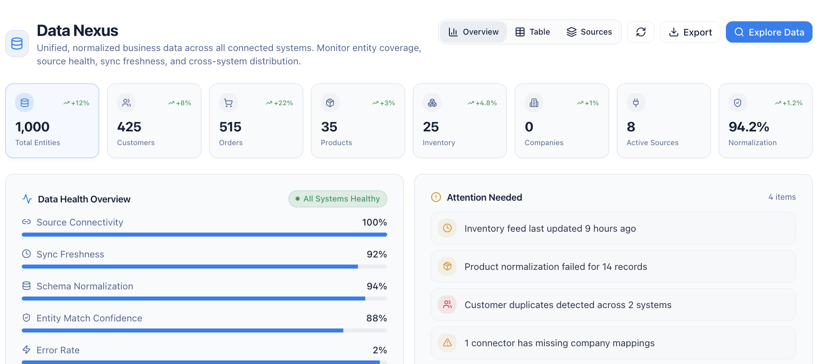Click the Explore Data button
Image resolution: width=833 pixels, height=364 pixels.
tap(769, 32)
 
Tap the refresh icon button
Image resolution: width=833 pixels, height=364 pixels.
tap(641, 32)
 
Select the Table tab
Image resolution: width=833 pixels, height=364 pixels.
tap(533, 32)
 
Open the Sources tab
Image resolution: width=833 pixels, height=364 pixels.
tap(589, 32)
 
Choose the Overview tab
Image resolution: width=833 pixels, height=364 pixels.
tap(473, 32)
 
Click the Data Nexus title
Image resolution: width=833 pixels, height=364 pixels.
tap(77, 31)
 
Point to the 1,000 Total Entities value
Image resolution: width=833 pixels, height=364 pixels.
tap(32, 127)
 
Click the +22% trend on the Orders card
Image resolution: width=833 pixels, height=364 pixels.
tap(280, 103)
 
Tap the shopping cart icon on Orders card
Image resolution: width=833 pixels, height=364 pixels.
tap(228, 103)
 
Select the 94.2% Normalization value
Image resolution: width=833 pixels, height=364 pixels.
tap(749, 127)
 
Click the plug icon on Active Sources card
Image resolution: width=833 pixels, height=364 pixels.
tap(636, 103)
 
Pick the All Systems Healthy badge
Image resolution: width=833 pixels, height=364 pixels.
tap(337, 199)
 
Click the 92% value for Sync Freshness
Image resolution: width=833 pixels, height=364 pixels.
tap(376, 254)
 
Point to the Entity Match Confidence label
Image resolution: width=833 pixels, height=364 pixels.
tap(89, 318)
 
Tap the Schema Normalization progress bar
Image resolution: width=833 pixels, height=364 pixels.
tap(204, 299)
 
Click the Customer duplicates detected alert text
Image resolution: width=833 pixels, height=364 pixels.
tap(568, 305)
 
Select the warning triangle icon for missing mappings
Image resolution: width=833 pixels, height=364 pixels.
tap(447, 343)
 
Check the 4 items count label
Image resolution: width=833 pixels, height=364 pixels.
tap(782, 197)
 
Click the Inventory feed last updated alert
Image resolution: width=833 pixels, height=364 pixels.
tap(550, 229)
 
